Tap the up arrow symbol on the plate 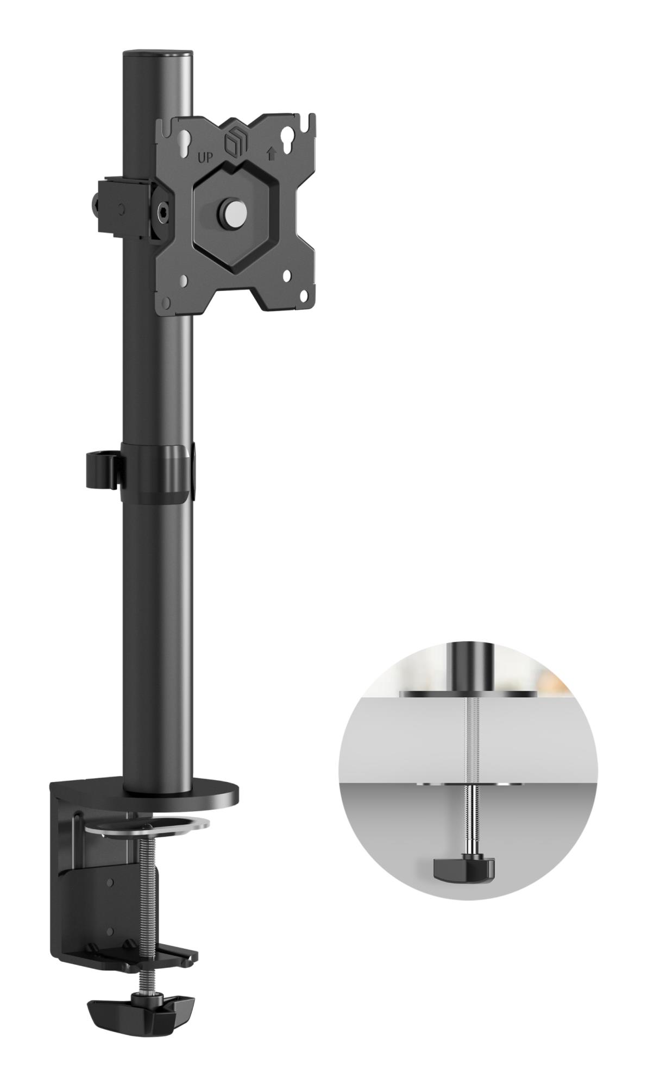[271, 154]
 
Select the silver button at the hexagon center [232, 210]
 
